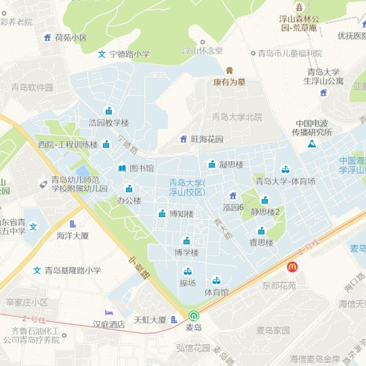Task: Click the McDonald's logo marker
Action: (x=293, y=268)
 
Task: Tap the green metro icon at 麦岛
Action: (x=194, y=316)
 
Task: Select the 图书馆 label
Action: (x=142, y=168)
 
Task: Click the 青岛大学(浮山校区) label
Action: (x=187, y=187)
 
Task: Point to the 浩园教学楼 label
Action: (x=108, y=123)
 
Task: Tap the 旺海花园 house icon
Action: (x=183, y=139)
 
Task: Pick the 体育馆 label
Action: (x=216, y=292)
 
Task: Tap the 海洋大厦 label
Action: (x=73, y=236)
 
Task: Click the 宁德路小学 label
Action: (x=129, y=54)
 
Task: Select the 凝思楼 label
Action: (x=232, y=164)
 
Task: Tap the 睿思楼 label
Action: (x=261, y=242)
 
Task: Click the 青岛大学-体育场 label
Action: (x=285, y=181)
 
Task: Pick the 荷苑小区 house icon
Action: (x=47, y=37)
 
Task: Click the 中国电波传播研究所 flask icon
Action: (x=312, y=144)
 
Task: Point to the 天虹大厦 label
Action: (x=150, y=319)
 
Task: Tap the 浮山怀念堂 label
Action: (x=202, y=50)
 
